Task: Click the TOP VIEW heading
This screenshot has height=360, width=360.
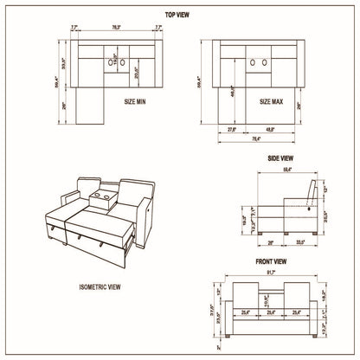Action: [x=180, y=16]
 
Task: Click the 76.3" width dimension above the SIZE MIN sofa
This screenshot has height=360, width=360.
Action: [x=115, y=28]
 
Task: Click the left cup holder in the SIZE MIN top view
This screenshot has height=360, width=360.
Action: [x=111, y=61]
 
